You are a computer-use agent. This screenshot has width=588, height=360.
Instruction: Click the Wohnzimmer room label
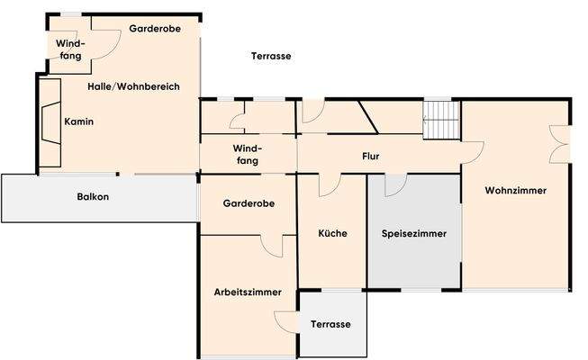515,191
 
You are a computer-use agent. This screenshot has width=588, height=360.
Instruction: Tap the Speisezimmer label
414,233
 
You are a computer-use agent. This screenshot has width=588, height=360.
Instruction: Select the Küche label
332,233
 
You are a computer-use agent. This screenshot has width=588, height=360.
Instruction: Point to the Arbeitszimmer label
248,292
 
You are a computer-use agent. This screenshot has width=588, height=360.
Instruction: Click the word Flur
370,157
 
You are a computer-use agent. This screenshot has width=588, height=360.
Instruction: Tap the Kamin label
78,121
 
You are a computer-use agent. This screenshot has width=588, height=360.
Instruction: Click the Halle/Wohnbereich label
134,86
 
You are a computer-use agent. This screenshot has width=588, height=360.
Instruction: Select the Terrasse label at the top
270,56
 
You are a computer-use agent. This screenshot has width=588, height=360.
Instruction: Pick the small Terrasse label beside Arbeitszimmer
330,325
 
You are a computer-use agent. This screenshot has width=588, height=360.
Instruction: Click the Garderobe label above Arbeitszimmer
248,204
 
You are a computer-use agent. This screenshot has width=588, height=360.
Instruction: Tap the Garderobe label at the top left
155,29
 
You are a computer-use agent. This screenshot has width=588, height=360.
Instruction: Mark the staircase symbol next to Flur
440,120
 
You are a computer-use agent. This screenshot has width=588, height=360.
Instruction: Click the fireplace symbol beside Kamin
48,121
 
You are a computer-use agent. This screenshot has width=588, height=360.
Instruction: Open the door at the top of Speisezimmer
395,184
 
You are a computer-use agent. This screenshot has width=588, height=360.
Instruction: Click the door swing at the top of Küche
328,184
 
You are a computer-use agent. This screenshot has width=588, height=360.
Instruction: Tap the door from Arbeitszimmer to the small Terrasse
286,322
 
